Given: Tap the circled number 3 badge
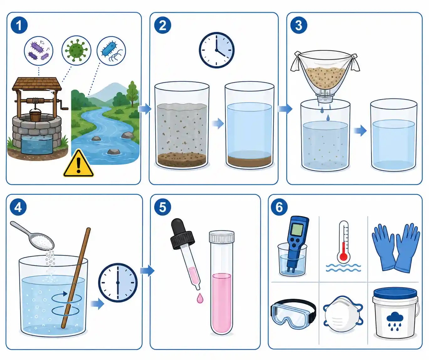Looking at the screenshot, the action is [x=299, y=25].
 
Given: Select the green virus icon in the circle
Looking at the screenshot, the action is [x=76, y=50].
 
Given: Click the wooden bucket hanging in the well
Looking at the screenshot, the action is [x=35, y=115].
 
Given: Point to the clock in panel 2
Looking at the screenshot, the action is [x=216, y=50].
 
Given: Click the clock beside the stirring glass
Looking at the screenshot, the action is [x=118, y=283].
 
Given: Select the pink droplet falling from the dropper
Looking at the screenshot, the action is [x=200, y=298].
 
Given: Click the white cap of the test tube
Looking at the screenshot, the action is [x=222, y=237].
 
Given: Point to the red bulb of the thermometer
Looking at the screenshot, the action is [x=343, y=257].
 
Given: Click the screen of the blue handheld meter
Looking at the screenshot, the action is [x=297, y=229].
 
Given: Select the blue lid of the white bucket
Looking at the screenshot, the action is [x=395, y=294].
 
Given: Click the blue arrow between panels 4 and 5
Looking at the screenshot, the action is [x=147, y=271].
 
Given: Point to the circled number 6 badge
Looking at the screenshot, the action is [x=279, y=207].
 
